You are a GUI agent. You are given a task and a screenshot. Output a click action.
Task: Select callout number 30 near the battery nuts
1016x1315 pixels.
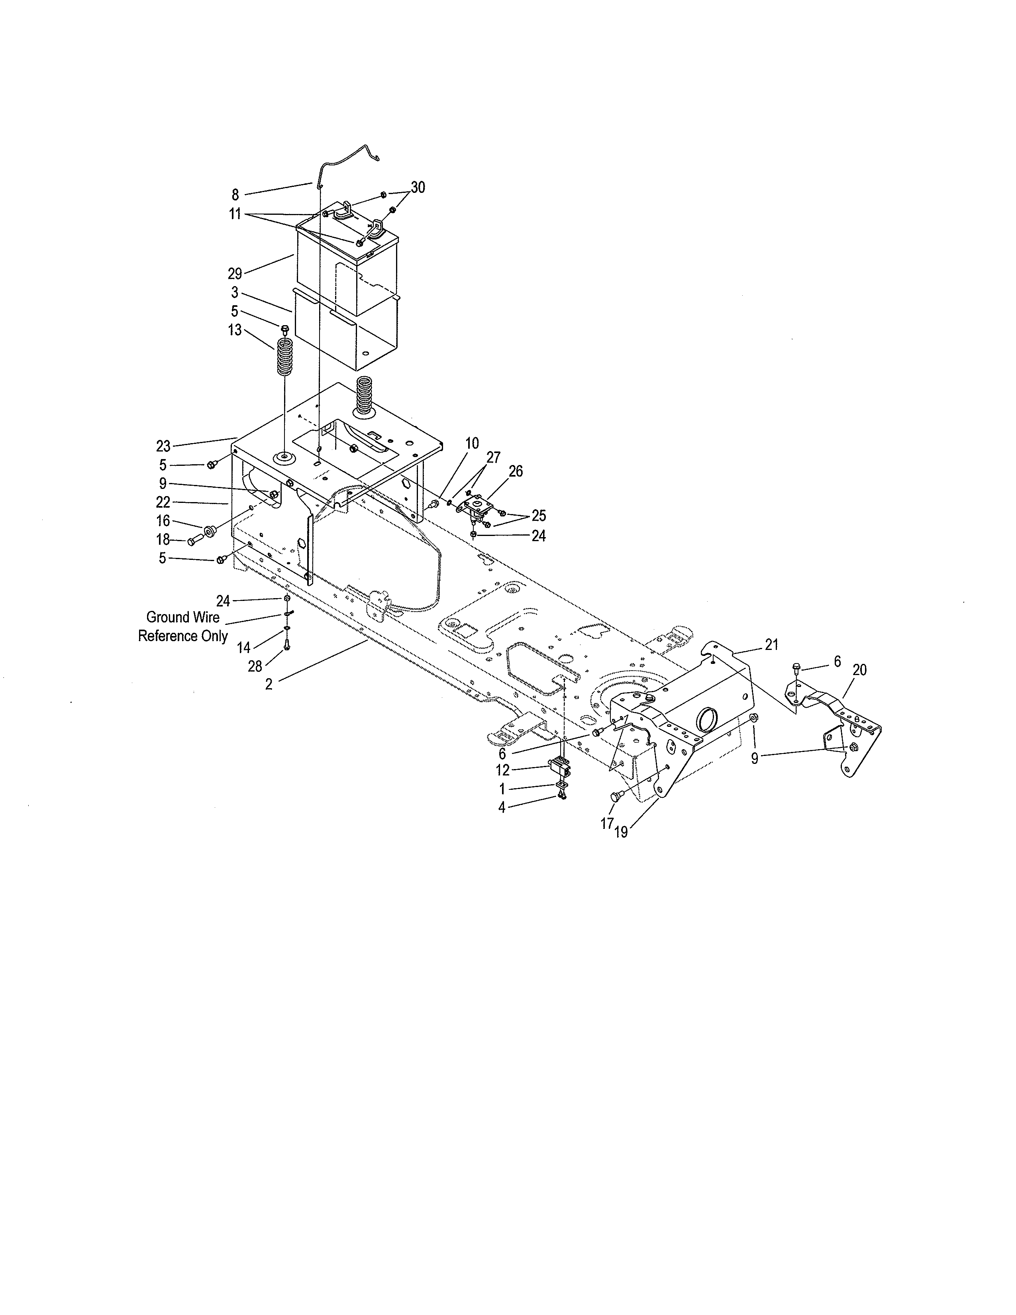pos(418,188)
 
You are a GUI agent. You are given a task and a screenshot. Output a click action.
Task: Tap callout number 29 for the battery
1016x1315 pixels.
pos(235,274)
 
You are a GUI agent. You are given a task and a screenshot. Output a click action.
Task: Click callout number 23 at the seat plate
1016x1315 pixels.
pos(163,446)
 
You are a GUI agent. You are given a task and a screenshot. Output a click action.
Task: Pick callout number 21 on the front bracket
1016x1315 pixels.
pos(772,645)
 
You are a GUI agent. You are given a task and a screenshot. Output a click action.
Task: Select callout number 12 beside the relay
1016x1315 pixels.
pos(502,770)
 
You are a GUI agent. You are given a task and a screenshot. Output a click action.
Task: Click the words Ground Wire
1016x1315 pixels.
pos(183,617)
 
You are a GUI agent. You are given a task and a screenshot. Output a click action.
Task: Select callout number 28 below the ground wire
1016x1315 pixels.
pos(255,667)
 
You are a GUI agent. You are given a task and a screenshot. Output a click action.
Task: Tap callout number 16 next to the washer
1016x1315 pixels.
pos(163,521)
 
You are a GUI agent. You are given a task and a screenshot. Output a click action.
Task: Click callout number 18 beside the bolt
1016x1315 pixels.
pos(163,540)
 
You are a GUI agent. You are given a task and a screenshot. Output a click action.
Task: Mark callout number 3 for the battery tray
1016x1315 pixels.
pos(235,292)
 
